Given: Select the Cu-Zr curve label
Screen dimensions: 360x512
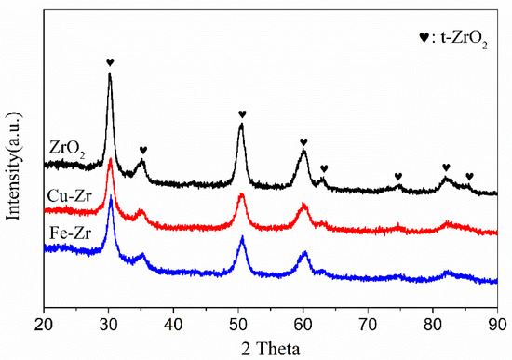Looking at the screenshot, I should [67, 196].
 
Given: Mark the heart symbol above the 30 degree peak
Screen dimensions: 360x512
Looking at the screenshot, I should [110, 63].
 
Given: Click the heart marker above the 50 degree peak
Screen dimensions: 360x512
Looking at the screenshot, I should [242, 114].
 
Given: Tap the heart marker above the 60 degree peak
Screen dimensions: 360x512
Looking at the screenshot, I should [303, 142].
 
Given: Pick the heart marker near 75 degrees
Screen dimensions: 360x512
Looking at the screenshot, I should [398, 176].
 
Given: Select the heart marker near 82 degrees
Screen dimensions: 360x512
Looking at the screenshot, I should [446, 167].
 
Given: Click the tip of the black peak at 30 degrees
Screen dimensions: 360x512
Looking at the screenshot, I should [110, 74].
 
